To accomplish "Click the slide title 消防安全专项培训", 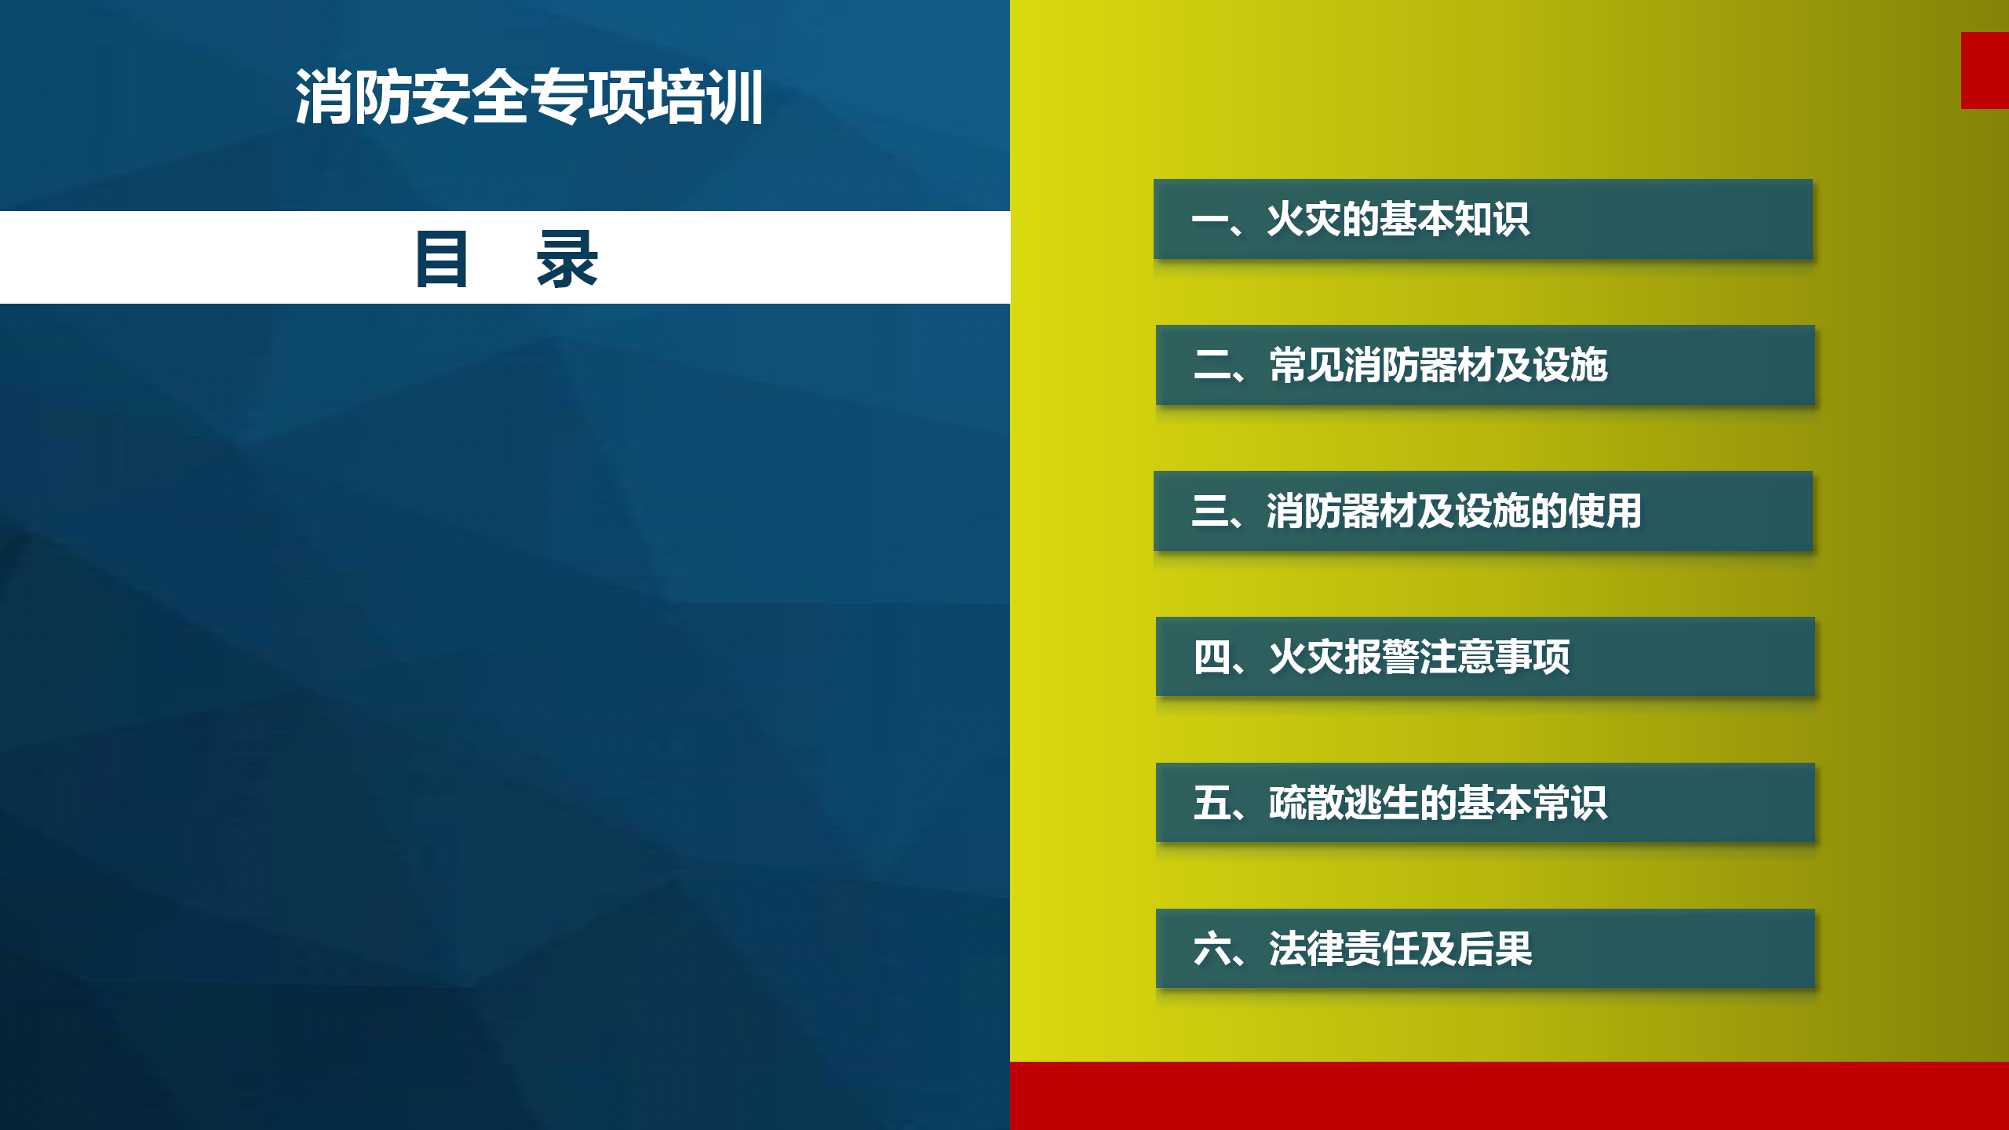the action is coord(529,97).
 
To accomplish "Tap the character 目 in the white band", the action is coord(442,259).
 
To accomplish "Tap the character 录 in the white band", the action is coord(567,259).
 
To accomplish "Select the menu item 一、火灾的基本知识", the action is coord(1483,219).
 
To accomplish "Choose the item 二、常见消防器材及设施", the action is coord(1486,365).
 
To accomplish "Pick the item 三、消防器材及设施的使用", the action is coord(1483,511).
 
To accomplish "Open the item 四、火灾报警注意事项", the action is coord(1486,657).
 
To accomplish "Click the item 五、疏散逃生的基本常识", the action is coord(1486,803).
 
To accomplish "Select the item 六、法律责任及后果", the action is coord(1486,949).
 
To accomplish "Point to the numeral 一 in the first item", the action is coord(1209,220).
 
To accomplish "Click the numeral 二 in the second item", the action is coord(1212,365).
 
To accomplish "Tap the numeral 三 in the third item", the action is coord(1209,511).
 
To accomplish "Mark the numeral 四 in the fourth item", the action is coord(1212,657).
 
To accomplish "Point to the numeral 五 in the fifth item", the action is coord(1212,803).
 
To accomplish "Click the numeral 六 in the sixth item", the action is coord(1212,949).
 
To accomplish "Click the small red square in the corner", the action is coord(1985,71).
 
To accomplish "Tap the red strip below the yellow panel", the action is coord(1509,1095).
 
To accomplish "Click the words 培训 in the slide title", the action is coord(706,97).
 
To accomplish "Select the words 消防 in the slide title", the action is coord(352,97).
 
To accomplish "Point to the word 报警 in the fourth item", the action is coord(1382,657).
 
